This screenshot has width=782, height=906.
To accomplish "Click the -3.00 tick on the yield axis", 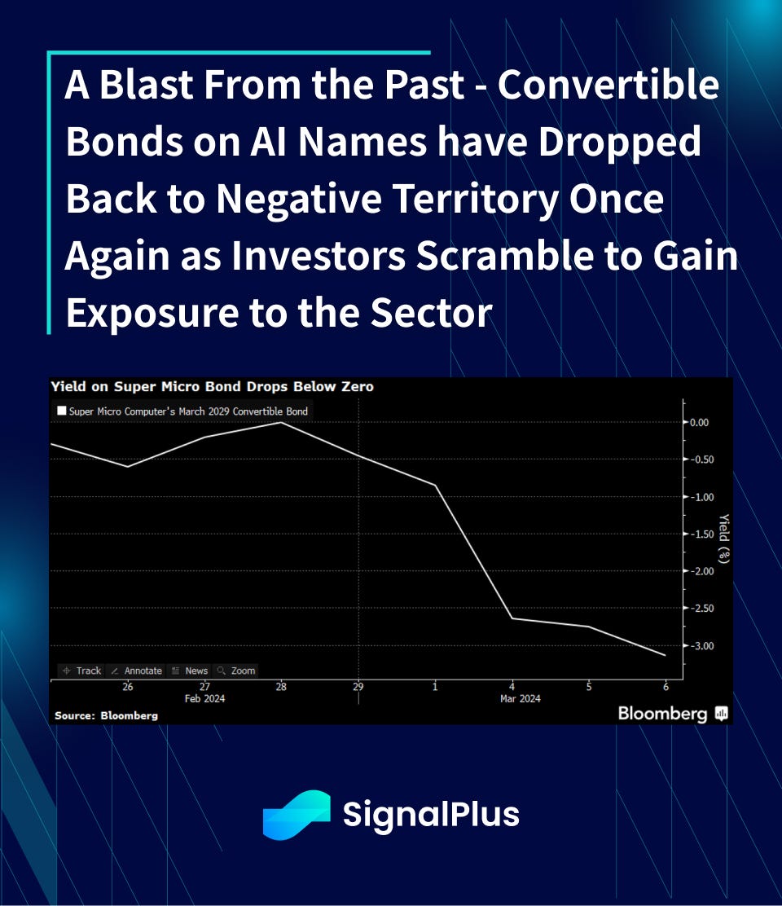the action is click(702, 646).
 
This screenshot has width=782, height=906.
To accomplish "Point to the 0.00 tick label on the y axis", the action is click(700, 422).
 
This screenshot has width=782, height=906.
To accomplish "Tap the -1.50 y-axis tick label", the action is click(702, 534).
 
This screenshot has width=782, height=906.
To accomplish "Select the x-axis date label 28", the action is click(281, 687).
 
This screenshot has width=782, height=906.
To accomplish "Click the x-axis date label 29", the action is click(358, 687).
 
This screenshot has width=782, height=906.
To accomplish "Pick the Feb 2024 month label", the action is click(204, 698).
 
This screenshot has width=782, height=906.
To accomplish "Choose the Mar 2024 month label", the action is click(521, 698).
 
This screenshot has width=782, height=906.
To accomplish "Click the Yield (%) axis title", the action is click(723, 538).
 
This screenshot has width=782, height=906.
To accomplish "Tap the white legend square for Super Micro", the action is click(62, 411).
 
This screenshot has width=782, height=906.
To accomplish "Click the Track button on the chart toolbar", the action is click(82, 671).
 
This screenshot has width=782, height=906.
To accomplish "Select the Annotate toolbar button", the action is click(136, 671).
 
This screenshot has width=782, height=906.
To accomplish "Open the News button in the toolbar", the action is click(190, 671).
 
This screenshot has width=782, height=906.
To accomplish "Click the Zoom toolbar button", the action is click(236, 671).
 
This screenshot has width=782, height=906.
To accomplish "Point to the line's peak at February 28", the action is click(281, 422).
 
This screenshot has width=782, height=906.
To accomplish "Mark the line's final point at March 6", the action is click(666, 655).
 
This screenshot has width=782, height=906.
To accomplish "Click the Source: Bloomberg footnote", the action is click(106, 715).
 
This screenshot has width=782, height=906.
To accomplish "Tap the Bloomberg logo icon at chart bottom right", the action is click(722, 714).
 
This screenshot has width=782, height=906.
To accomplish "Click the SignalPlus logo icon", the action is click(297, 815).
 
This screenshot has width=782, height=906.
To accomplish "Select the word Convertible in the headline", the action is click(608, 85).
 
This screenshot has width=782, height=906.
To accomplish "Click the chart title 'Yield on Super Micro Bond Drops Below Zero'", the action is click(212, 386).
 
